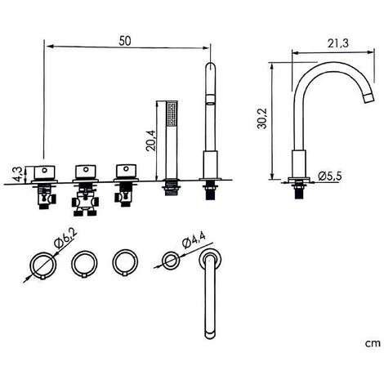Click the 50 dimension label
click(125, 41)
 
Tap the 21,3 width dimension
click(338, 43)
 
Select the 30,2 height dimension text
click(263, 118)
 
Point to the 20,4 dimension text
click(150, 141)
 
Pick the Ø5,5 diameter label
click(330, 176)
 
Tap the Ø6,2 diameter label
click(66, 239)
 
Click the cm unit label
click(373, 343)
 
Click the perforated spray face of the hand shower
click(172, 114)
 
